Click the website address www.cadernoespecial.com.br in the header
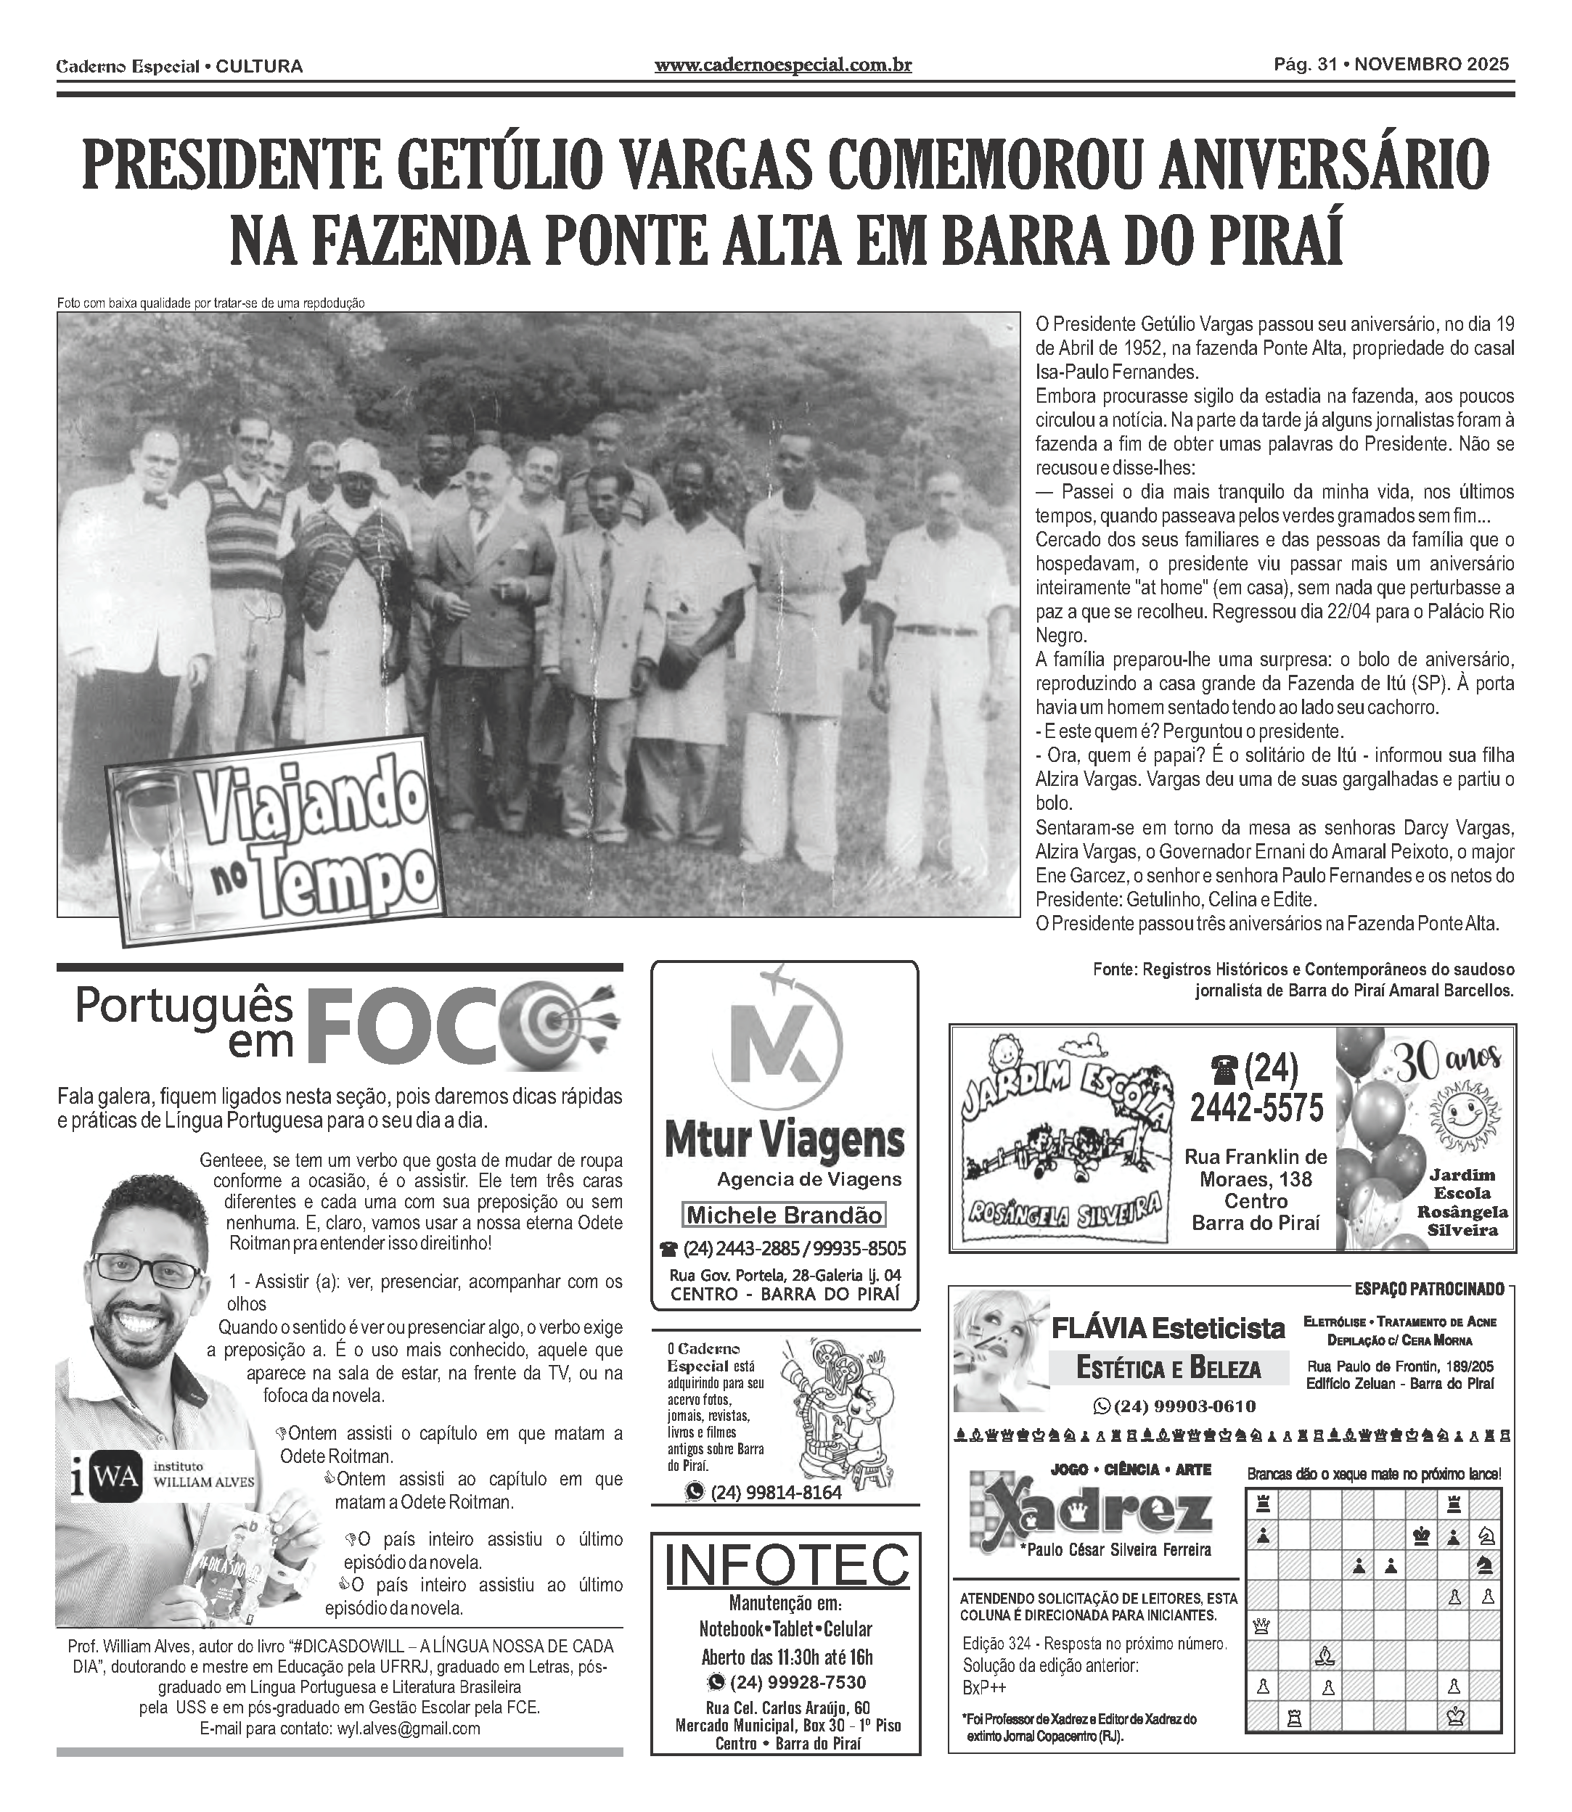tap(782, 65)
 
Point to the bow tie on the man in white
tap(156, 501)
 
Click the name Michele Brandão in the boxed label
tap(783, 1215)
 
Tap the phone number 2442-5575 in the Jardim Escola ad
tap(1256, 1109)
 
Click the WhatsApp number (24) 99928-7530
tap(786, 1682)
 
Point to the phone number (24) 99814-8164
tap(775, 1492)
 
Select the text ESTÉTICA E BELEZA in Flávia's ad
tap(1168, 1367)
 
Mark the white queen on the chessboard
tap(1262, 1626)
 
